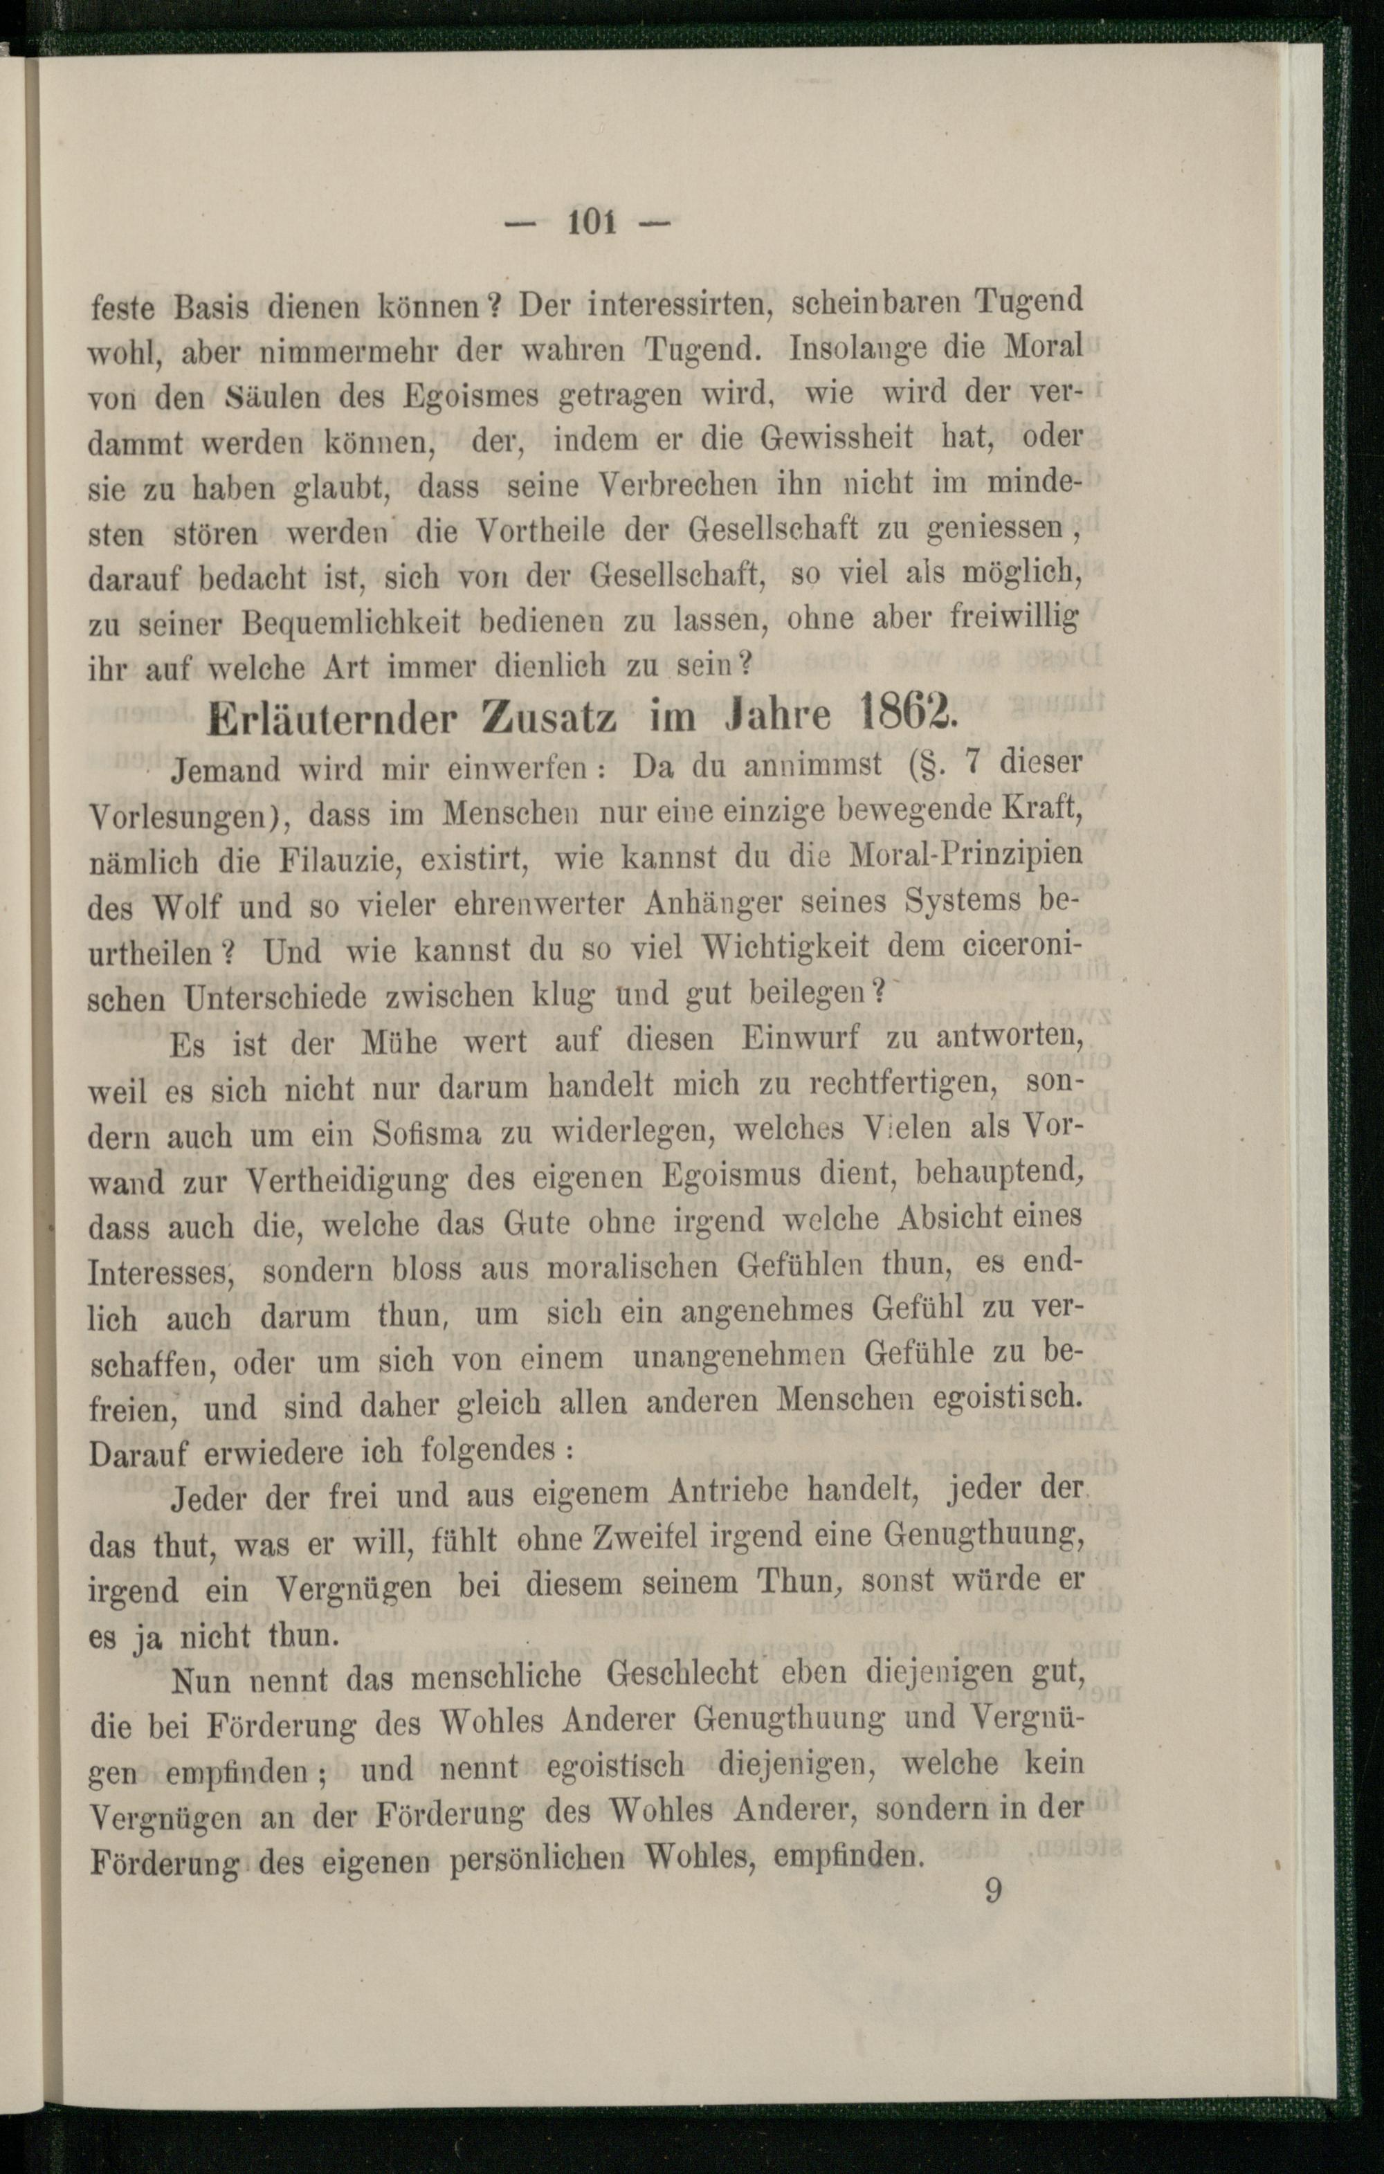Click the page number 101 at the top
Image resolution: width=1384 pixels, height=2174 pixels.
pos(592,221)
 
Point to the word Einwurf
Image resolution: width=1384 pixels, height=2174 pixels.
pos(801,1039)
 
